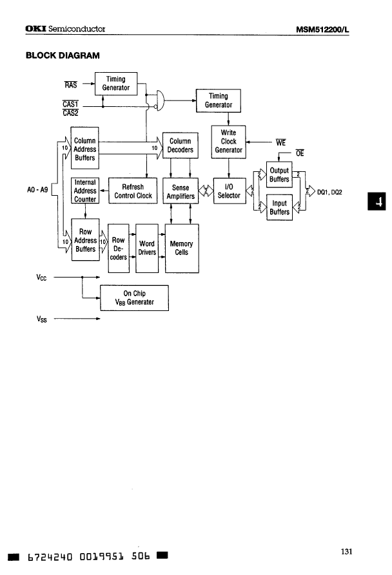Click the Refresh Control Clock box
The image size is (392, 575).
click(133, 191)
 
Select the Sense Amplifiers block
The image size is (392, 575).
click(180, 191)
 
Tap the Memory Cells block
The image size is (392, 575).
click(181, 248)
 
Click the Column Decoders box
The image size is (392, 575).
click(180, 146)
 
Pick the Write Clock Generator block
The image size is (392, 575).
click(229, 142)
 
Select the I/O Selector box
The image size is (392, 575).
click(229, 191)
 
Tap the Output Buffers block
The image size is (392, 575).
click(279, 175)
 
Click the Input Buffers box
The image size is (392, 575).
click(279, 207)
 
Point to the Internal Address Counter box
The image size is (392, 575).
click(85, 191)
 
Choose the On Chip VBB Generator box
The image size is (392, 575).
click(134, 297)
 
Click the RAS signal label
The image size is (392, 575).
click(71, 84)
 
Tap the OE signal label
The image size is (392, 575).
click(299, 153)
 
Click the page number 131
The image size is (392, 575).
click(346, 551)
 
